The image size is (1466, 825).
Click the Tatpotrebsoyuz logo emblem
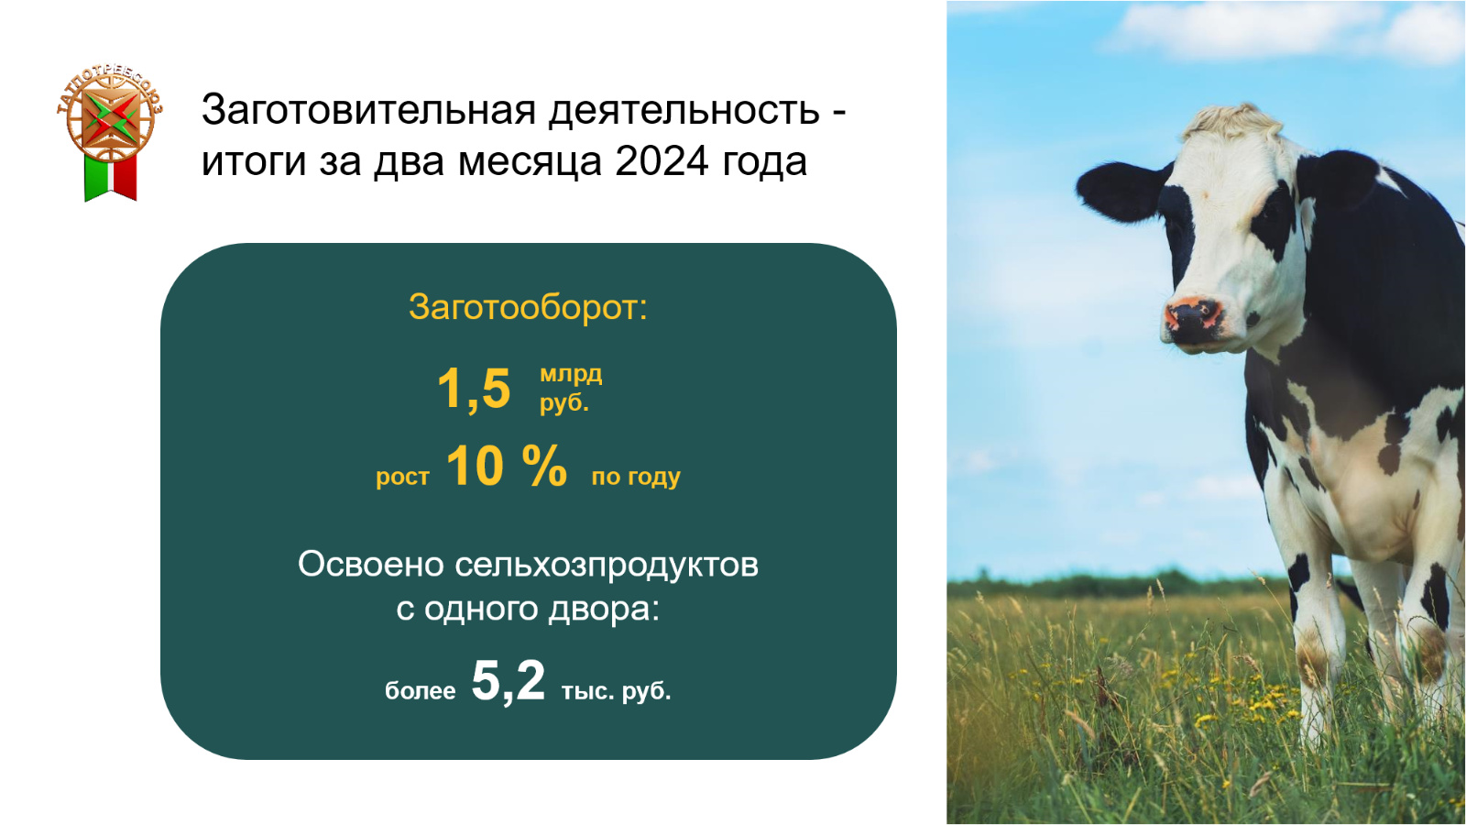110,115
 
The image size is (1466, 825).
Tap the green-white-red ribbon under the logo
111,178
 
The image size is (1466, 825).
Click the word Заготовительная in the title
369,109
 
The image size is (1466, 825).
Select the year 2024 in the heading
662,161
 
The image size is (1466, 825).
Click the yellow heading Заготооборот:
528,307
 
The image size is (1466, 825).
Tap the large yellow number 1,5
474,389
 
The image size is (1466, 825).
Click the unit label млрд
571,375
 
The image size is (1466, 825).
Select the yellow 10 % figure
507,466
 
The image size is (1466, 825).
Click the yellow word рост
402,477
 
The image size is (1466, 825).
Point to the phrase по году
636,476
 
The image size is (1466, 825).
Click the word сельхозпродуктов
607,565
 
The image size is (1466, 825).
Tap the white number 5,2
508,681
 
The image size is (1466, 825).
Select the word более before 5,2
421,691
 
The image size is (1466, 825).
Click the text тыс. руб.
617,691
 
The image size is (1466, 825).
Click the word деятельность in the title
684,109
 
